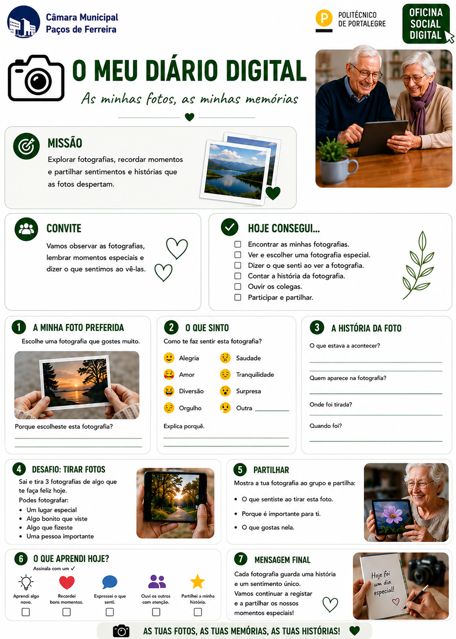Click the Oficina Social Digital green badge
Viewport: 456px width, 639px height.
426,24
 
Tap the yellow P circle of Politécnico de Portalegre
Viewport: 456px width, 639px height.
324,18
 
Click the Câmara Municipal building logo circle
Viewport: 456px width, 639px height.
23,22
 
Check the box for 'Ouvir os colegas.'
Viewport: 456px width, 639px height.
238,286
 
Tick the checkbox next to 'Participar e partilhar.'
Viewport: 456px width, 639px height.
238,297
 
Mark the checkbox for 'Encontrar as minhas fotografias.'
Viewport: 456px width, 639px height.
238,244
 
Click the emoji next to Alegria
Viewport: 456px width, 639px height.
169,358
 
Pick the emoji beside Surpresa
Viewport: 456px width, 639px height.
225,391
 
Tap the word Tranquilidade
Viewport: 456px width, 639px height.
255,375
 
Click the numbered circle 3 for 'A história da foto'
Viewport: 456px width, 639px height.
317,327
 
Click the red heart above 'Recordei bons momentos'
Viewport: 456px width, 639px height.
67,582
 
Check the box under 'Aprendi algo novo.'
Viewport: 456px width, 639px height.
26,612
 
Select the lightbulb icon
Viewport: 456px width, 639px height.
26,582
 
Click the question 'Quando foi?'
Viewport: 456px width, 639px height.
326,425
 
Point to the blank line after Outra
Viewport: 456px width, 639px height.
272,411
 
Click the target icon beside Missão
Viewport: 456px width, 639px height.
26,146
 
